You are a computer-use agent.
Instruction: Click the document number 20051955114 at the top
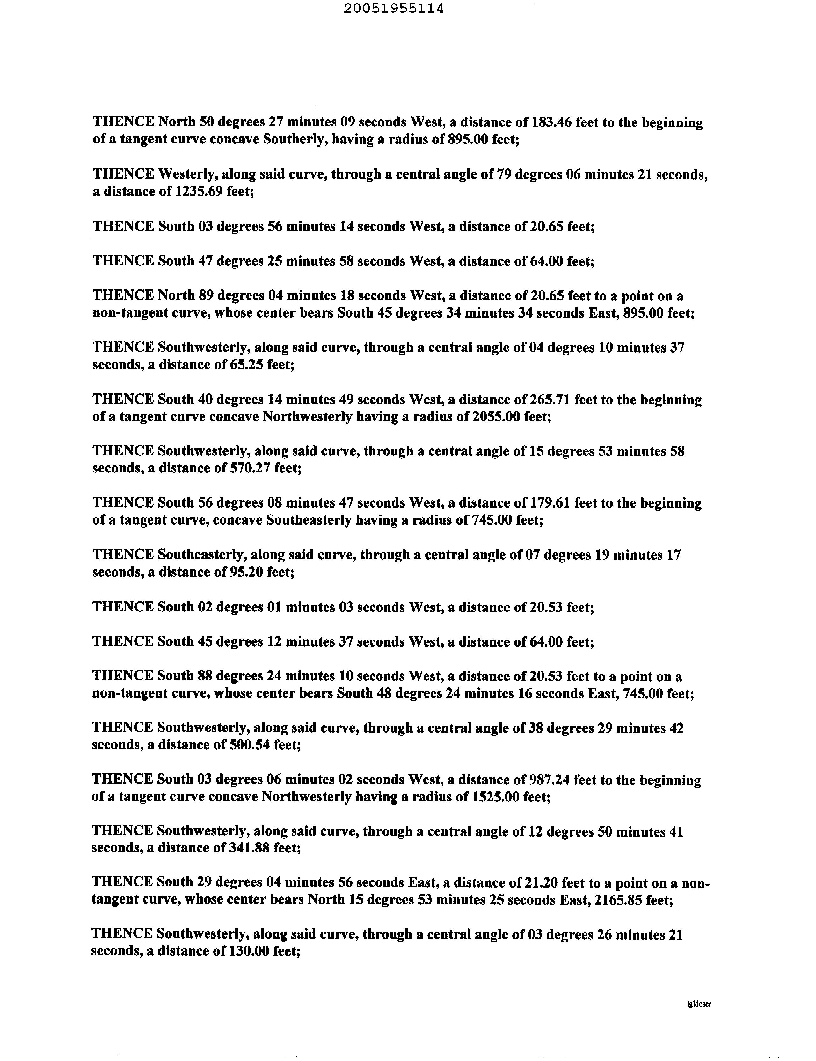(x=393, y=9)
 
